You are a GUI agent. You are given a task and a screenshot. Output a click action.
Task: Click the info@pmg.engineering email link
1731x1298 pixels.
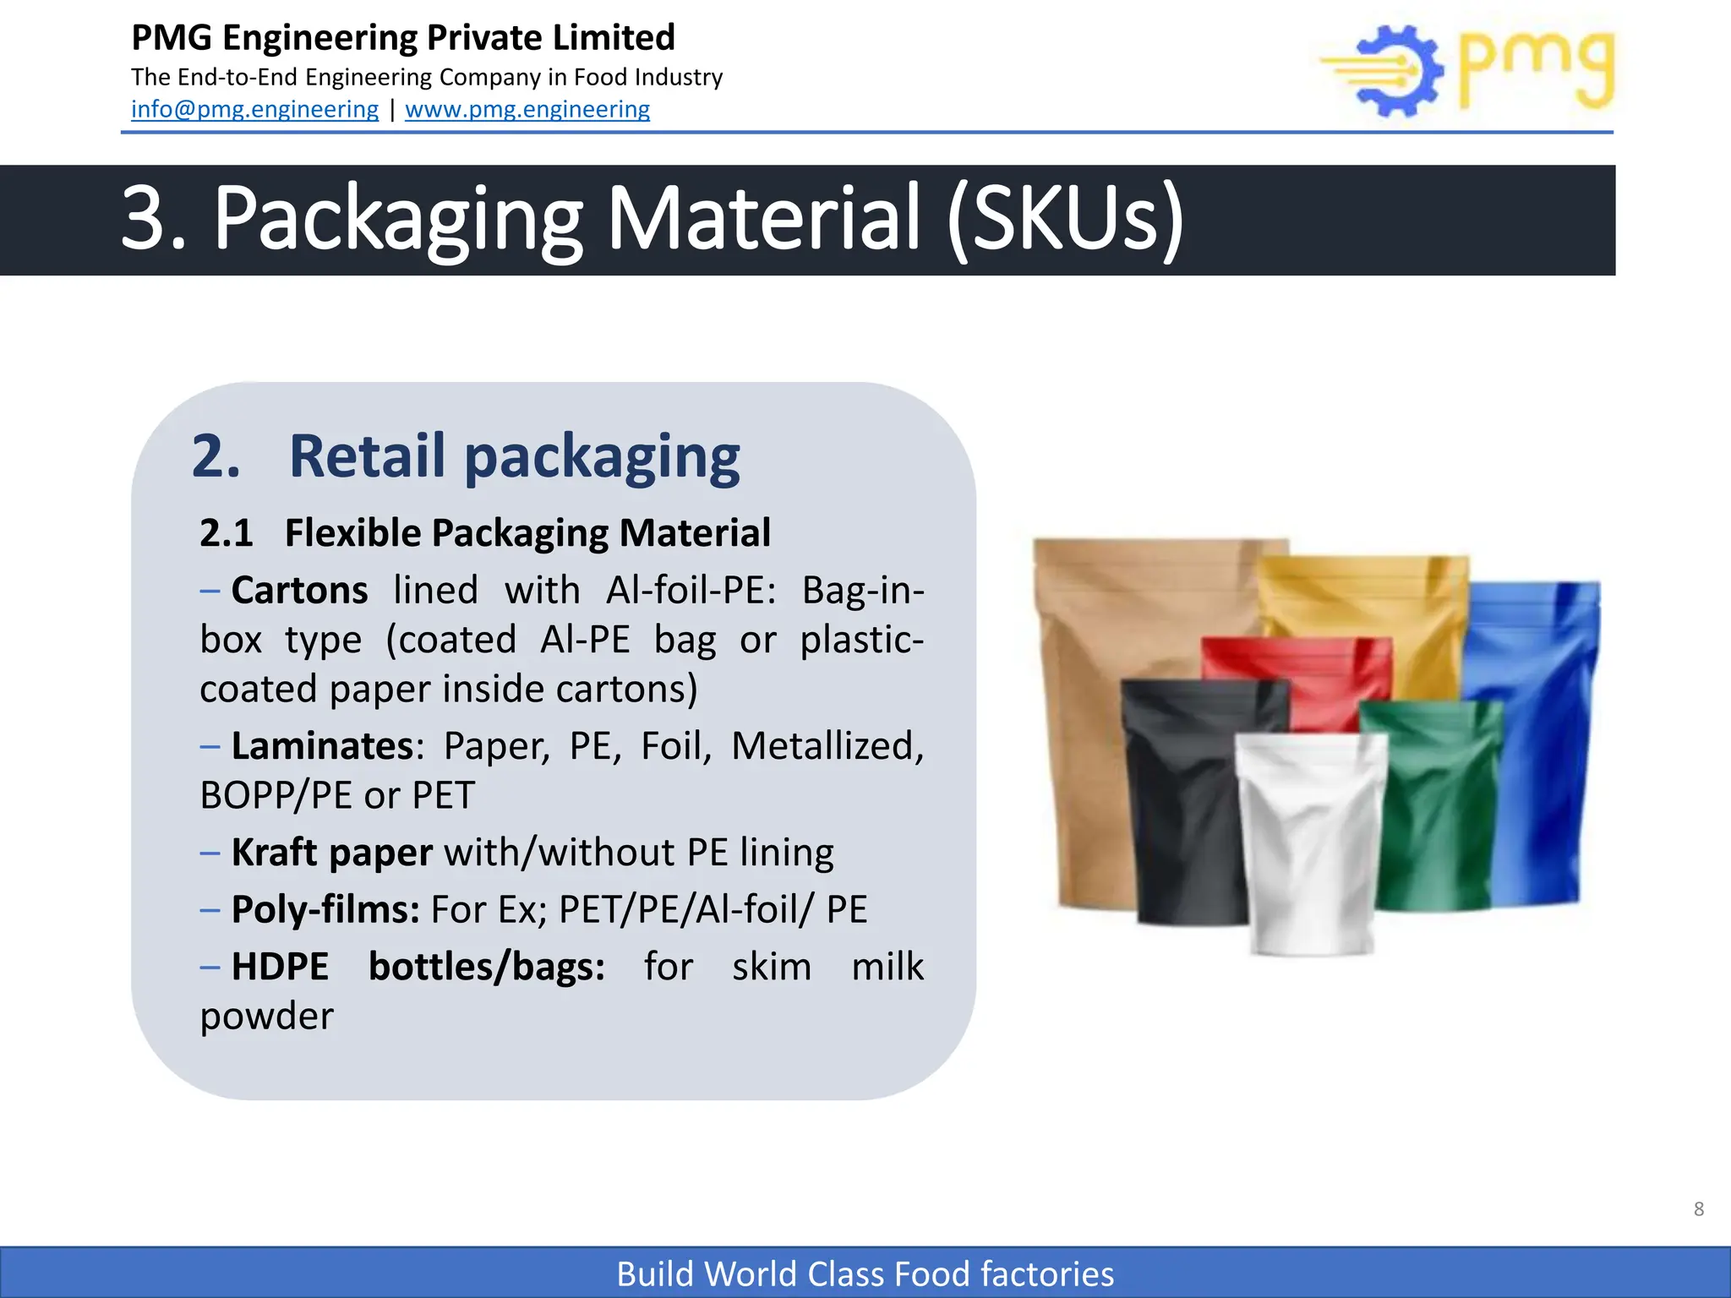pos(254,110)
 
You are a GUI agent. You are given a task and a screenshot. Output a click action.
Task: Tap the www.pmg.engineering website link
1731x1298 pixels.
pos(527,110)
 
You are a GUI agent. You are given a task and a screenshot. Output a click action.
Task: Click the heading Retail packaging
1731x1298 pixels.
pos(514,456)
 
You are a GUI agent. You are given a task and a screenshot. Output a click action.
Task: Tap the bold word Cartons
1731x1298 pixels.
pos(300,590)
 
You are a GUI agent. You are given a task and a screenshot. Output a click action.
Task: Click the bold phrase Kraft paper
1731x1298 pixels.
pos(332,853)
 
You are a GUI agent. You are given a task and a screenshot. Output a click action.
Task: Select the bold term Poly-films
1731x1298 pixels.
pos(325,910)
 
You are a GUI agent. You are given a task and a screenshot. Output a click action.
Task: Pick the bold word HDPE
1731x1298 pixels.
pos(280,967)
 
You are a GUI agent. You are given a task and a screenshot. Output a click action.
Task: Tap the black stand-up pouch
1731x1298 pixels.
pos(1183,803)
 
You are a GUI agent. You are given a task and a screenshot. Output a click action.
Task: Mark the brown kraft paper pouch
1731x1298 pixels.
pos(1090,718)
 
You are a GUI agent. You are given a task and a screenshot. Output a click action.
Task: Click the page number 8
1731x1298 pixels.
pos(1699,1209)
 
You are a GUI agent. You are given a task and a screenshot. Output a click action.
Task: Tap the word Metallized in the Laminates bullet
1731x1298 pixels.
pos(827,746)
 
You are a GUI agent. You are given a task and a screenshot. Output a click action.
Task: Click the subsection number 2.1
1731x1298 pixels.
pos(227,533)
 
